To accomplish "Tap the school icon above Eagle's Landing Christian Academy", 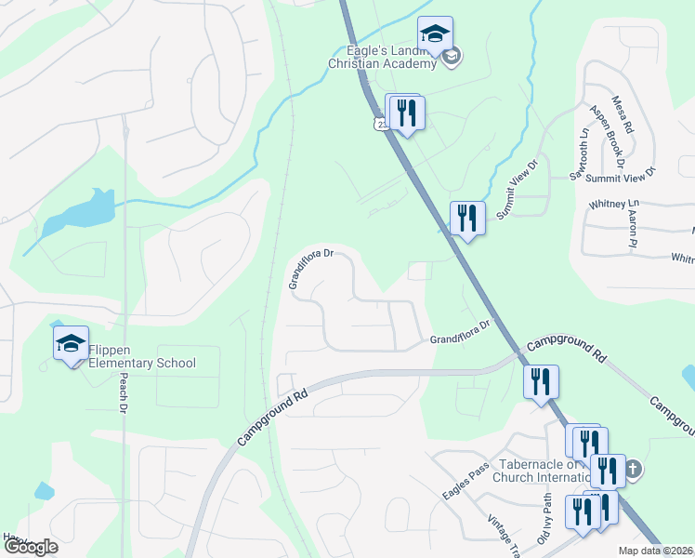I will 434,35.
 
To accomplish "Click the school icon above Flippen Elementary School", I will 71,344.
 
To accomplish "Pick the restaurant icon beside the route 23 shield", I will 406,113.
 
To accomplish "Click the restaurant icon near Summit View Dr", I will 467,219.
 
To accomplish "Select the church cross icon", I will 634,468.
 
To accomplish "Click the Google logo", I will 31,547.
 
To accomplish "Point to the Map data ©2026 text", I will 654,551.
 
